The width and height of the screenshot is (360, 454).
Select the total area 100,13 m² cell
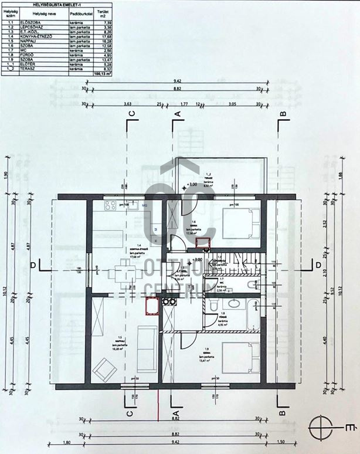(x=103, y=74)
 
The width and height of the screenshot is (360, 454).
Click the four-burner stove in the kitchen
(x=109, y=205)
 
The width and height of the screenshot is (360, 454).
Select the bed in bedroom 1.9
(x=241, y=355)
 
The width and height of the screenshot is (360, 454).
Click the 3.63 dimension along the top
(x=127, y=103)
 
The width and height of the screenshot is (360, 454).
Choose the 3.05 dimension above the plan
(x=232, y=103)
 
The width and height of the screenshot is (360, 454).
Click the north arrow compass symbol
(x=325, y=427)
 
